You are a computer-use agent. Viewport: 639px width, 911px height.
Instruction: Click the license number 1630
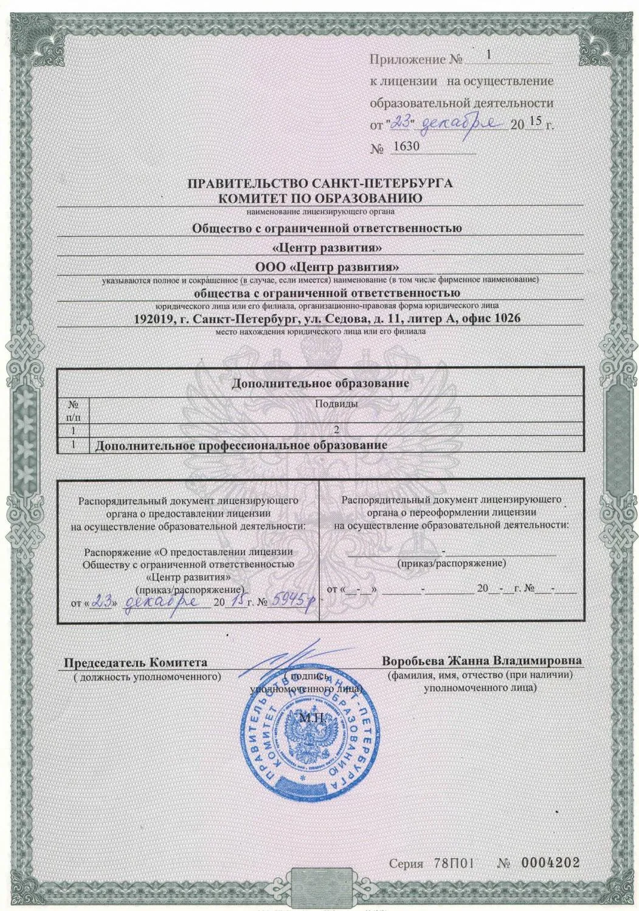[x=407, y=146]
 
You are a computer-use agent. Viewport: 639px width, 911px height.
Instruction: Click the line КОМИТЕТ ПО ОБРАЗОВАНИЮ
[x=320, y=197]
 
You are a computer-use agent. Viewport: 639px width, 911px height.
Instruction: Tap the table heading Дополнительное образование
[x=320, y=384]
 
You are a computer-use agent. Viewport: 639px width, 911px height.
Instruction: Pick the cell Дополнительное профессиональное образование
[x=241, y=445]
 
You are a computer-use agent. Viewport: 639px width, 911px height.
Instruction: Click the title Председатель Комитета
[x=136, y=662]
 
